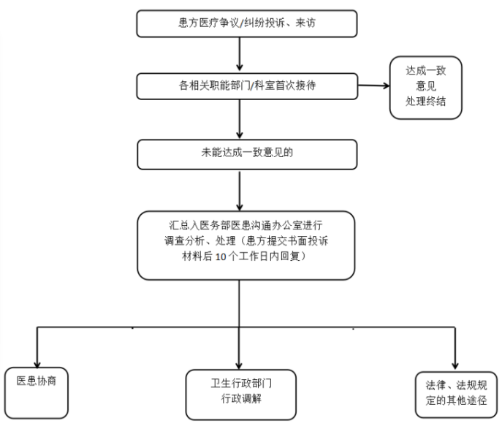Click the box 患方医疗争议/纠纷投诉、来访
coord(247,23)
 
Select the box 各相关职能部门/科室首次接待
coord(247,86)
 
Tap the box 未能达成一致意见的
coord(247,154)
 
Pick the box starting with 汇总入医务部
coord(246,246)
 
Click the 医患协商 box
coord(37,392)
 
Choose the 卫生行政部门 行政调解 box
coord(240,395)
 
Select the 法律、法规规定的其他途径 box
coord(456,395)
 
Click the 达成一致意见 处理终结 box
coord(426,88)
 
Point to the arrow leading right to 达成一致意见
coord(373,85)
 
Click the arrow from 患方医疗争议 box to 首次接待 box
coord(239,54)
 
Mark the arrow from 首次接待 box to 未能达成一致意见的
coord(239,119)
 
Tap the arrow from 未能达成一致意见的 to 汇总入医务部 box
coord(239,190)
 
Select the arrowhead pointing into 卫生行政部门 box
coord(239,366)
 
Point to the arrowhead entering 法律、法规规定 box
coord(455,366)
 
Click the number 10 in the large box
coord(221,256)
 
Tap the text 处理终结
coord(425,102)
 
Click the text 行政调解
coord(241,399)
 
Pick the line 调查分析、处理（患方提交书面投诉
coord(246,240)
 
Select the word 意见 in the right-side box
coord(426,85)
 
